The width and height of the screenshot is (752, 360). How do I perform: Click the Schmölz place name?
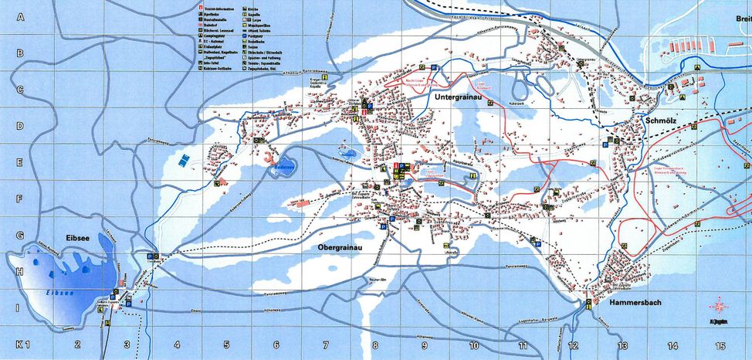pos(661,121)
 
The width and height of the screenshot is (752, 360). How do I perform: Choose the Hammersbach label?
pos(635,303)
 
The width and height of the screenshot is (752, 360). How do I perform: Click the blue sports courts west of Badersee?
pos(183,159)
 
